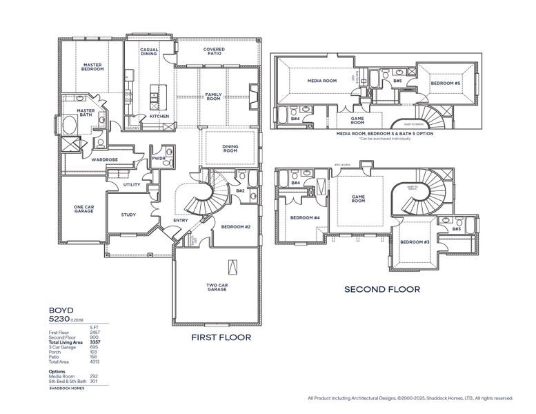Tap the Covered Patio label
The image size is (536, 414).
213,53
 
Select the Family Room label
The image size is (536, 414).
213,97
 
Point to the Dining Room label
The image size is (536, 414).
230,148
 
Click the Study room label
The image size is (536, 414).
128,215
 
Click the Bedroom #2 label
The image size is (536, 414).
235,226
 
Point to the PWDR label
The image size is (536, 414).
159,159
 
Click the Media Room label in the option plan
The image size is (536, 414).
321,81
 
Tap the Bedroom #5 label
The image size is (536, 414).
446,83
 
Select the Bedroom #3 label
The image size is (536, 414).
415,241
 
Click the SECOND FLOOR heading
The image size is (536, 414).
382,290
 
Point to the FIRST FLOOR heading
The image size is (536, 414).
221,337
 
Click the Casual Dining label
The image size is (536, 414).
150,52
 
